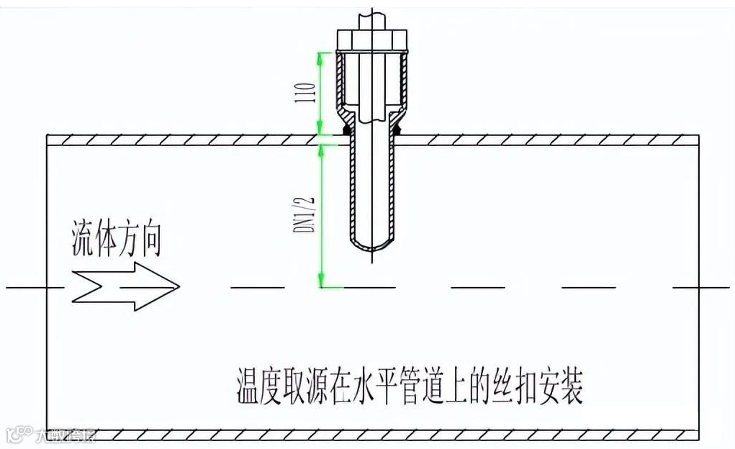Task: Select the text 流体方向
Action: (x=115, y=242)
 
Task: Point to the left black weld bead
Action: (x=346, y=130)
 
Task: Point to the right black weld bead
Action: (x=400, y=130)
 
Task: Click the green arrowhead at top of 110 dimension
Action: (x=321, y=58)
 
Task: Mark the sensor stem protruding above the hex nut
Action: (x=373, y=14)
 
